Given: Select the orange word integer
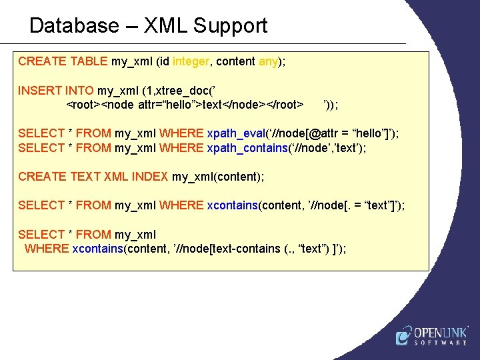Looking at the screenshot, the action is pyautogui.click(x=191, y=61).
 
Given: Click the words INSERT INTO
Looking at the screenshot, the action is pyautogui.click(x=56, y=90).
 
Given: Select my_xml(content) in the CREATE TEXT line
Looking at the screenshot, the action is pyautogui.click(x=217, y=177).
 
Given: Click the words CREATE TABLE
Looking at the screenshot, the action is pyautogui.click(x=63, y=61).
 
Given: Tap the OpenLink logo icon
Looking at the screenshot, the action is pyautogui.click(x=403, y=336).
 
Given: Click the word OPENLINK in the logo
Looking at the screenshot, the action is pyautogui.click(x=441, y=332).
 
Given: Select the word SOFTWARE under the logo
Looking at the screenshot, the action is pyautogui.click(x=441, y=343).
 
